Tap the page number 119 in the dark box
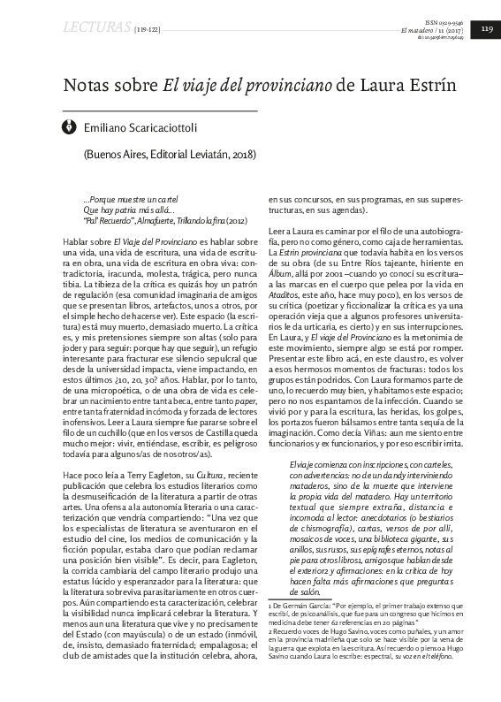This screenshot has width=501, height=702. tap(485, 29)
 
